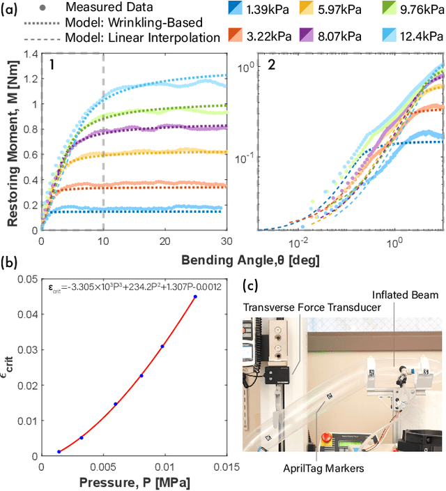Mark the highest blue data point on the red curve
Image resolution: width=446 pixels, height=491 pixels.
[x=195, y=296]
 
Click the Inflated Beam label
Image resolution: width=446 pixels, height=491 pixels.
[x=403, y=295]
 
